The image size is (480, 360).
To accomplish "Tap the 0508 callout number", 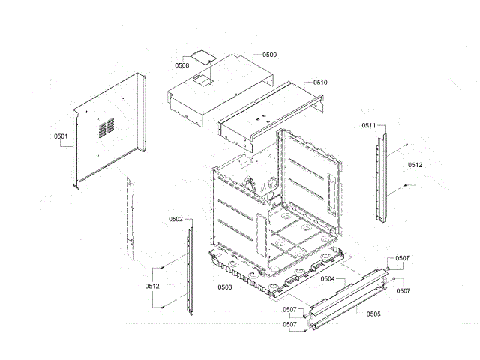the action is pyautogui.click(x=181, y=66).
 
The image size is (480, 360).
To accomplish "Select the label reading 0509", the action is pyautogui.click(x=269, y=55).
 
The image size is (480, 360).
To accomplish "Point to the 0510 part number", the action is pyautogui.click(x=320, y=82).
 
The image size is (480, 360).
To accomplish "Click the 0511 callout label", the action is pyautogui.click(x=368, y=124).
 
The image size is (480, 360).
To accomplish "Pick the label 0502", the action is pyautogui.click(x=175, y=219).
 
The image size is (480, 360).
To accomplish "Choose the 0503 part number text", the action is pyautogui.click(x=224, y=286).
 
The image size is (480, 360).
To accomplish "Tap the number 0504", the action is pyautogui.click(x=327, y=278).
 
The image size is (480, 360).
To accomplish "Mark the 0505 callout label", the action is pyautogui.click(x=373, y=313).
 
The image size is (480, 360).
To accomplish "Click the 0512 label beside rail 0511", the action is pyautogui.click(x=415, y=164).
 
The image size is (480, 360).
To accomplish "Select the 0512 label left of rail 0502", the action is pyautogui.click(x=152, y=286).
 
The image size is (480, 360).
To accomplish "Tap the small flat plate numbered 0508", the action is pyautogui.click(x=200, y=55).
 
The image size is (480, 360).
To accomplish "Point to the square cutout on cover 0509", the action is pyautogui.click(x=200, y=77).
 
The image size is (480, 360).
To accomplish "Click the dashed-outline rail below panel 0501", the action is pyautogui.click(x=130, y=214).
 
